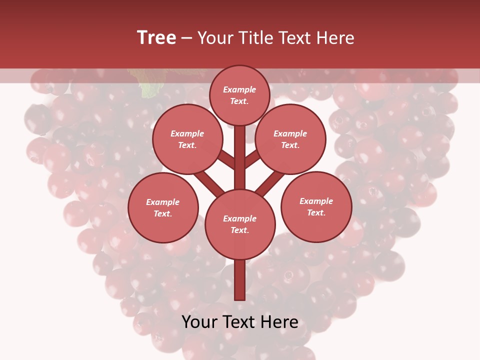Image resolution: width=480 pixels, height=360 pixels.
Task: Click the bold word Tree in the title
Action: click(156, 37)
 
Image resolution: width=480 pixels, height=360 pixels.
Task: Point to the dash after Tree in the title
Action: click(187, 38)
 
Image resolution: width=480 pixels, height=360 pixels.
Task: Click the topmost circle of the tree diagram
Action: click(239, 95)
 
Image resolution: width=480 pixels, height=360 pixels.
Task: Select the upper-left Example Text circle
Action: click(187, 139)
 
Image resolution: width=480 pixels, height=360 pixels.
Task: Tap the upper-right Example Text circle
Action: click(290, 139)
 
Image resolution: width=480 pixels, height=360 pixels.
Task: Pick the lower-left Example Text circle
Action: click(163, 207)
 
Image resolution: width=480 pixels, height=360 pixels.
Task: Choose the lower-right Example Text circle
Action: click(316, 206)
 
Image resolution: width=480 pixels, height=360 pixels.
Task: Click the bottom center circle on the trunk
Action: click(239, 224)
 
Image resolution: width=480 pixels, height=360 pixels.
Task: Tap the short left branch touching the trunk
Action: click(226, 159)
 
